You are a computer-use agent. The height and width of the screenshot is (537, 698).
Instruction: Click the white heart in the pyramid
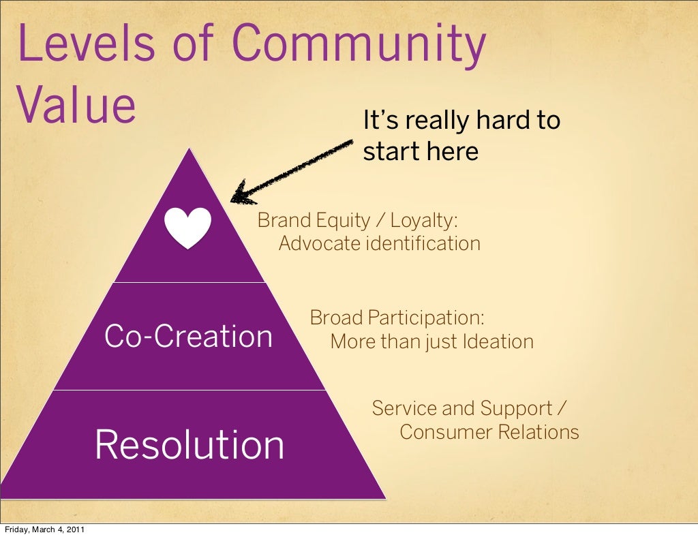coord(188,228)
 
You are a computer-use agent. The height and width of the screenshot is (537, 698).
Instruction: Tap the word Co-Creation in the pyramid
coord(188,337)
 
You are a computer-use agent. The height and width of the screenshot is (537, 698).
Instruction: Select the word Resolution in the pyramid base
coord(189,445)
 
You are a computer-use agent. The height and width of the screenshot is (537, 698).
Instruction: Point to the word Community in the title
coord(361,44)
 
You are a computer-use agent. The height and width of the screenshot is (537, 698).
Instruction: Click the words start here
coord(421,151)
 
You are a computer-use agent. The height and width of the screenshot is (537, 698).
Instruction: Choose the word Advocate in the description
coord(320,243)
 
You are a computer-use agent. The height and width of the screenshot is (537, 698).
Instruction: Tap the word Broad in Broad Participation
coord(336,318)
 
